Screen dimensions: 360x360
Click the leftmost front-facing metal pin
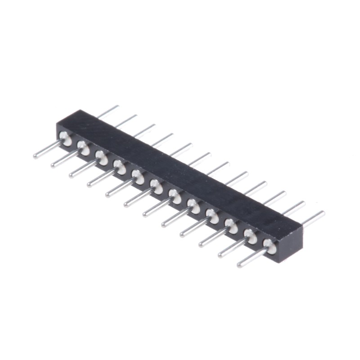47,150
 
